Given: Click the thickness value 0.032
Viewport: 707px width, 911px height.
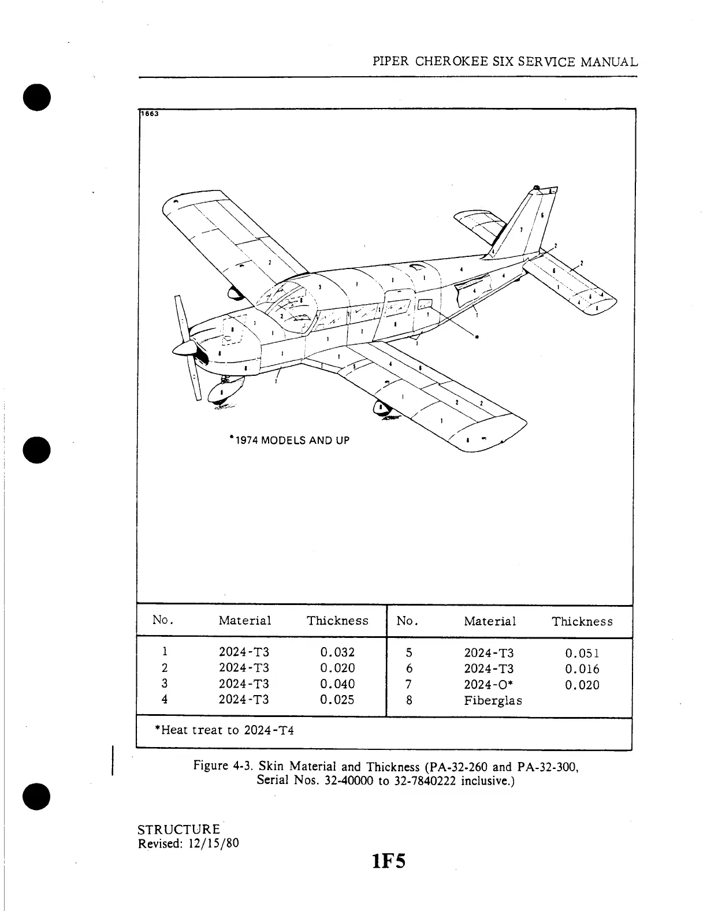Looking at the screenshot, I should pos(337,652).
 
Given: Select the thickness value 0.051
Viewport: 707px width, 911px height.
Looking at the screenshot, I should pos(582,654).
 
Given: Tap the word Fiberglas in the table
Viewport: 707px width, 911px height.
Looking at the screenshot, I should pos(493,701).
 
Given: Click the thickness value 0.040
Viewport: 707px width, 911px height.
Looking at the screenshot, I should pos(337,684).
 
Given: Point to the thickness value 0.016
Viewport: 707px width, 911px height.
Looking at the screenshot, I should pos(582,670).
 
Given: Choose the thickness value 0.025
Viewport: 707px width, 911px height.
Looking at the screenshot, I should pos(337,700).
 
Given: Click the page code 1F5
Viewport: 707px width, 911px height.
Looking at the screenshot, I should pos(389,863).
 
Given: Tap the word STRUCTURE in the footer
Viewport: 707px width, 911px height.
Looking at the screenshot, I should pos(178,830).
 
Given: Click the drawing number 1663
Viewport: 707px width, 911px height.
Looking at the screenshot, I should pos(150,114).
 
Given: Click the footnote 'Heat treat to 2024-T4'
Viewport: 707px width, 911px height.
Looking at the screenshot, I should pos(225,730).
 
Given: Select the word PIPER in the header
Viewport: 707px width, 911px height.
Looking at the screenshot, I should pos(391,62).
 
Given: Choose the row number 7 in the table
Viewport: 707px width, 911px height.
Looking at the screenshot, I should pos(408,685).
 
